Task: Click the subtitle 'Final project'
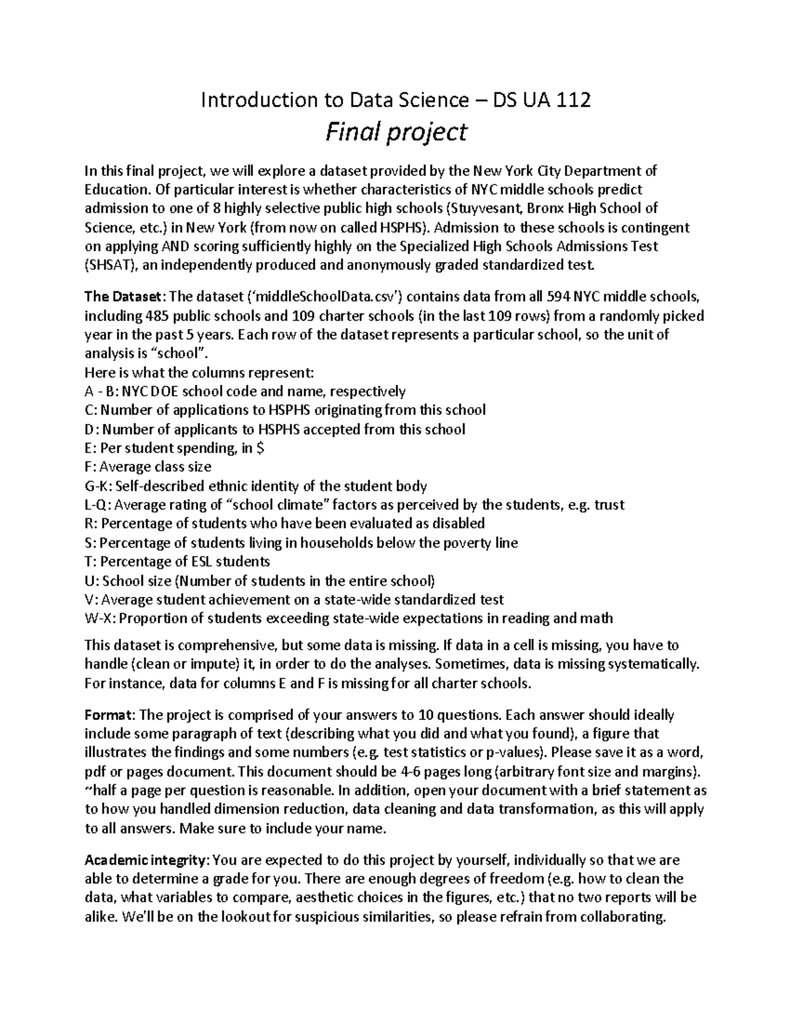tap(396, 132)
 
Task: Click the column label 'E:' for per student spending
tap(91, 449)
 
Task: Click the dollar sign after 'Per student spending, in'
tap(262, 449)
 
